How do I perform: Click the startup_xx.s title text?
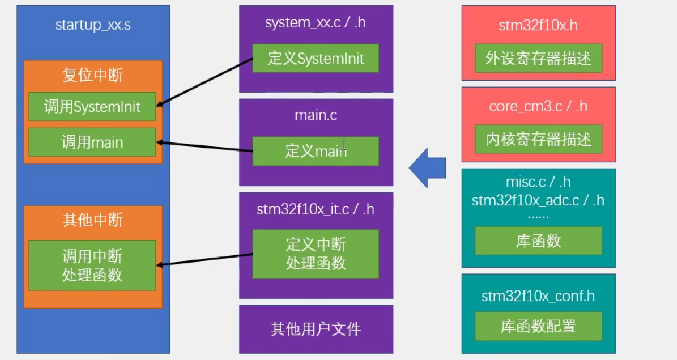(x=93, y=25)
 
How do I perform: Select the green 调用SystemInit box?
(x=92, y=106)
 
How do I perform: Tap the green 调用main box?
(x=92, y=142)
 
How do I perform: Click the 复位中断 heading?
(x=92, y=75)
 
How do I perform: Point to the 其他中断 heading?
(x=92, y=220)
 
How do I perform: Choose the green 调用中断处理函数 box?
(x=92, y=265)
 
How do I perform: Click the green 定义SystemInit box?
(x=316, y=59)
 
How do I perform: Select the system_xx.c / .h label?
(x=316, y=23)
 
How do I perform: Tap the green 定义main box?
(x=316, y=152)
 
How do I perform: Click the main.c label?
(x=316, y=116)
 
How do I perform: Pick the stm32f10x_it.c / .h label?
(x=316, y=209)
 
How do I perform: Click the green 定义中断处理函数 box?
(x=316, y=253)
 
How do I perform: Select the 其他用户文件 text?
(x=316, y=329)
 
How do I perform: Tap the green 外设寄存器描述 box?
(x=538, y=59)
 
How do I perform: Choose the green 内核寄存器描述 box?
(x=538, y=139)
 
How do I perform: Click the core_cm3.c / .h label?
(x=538, y=106)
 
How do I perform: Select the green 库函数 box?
(x=538, y=241)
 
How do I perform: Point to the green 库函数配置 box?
(x=538, y=326)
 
